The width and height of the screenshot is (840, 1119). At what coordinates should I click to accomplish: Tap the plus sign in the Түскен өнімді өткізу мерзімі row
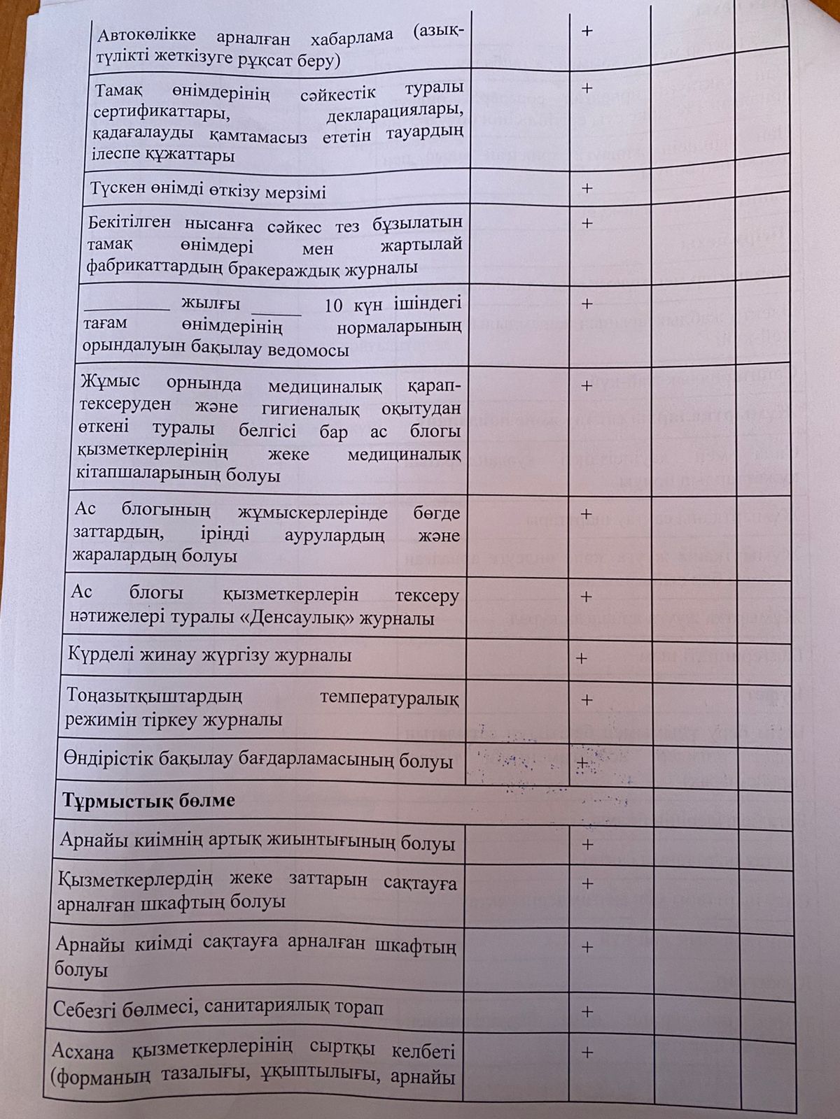(587, 188)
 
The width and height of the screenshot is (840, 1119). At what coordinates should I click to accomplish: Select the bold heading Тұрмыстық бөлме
(149, 800)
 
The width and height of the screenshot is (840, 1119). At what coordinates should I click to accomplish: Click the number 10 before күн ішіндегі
(335, 305)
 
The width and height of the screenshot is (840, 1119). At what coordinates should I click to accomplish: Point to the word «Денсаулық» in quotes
(316, 619)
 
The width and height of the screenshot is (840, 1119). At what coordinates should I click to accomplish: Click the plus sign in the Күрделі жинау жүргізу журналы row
(580, 658)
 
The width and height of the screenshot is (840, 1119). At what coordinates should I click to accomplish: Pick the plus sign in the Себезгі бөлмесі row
(587, 1011)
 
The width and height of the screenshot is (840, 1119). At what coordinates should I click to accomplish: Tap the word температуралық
(389, 698)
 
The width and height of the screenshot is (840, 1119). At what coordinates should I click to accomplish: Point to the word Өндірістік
(106, 760)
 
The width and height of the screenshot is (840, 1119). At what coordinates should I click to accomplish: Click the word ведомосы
(309, 350)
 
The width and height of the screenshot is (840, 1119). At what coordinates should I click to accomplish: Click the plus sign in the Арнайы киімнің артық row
(587, 844)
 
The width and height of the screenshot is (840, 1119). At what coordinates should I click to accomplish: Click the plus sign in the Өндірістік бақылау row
(581, 763)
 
